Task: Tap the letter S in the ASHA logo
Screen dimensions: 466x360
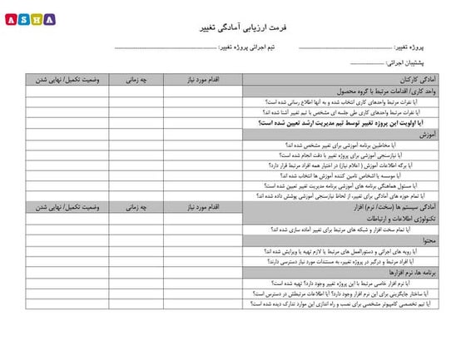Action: click(x=22, y=18)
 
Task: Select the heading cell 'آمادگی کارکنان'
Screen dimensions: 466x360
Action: click(x=413, y=80)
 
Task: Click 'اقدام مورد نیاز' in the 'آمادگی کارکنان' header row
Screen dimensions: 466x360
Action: click(x=202, y=80)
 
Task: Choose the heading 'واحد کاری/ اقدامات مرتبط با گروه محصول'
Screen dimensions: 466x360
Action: click(x=374, y=91)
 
